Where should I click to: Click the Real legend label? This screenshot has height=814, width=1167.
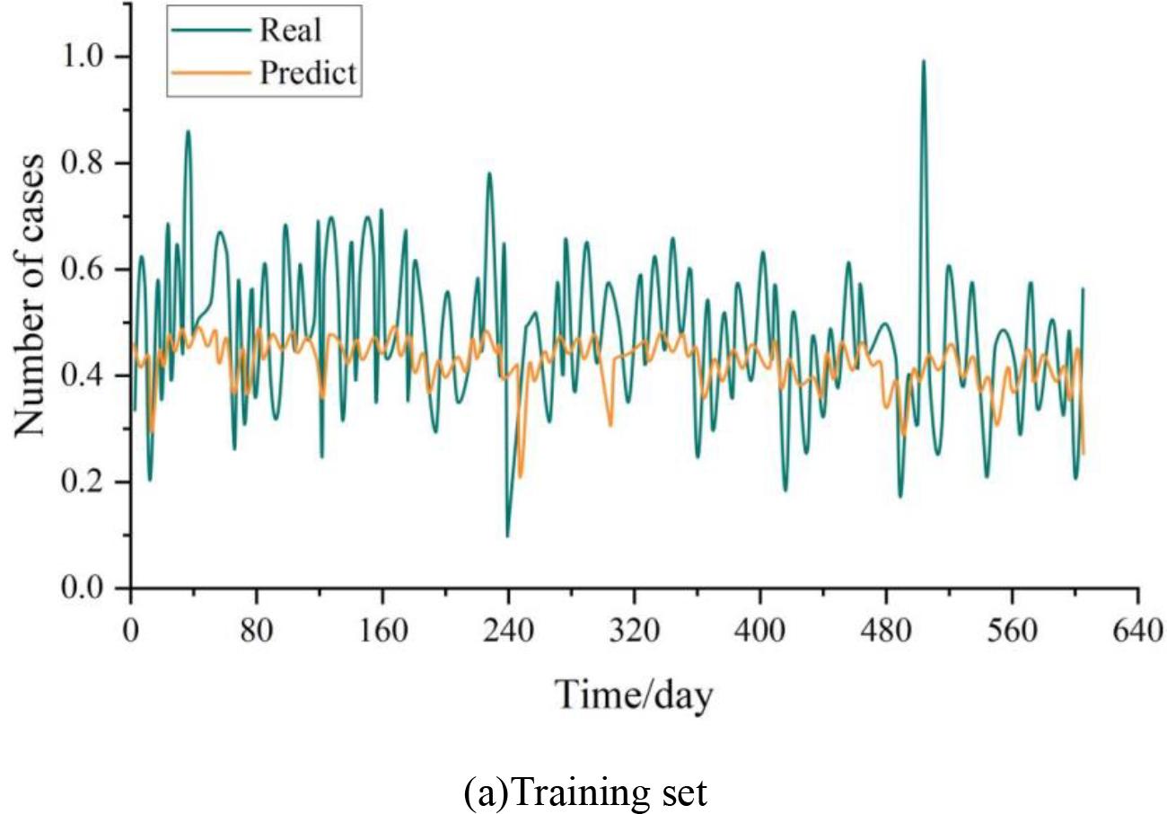(291, 30)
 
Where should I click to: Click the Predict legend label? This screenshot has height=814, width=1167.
(309, 74)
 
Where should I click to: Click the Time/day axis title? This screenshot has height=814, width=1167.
(634, 694)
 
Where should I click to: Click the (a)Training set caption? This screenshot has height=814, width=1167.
(585, 792)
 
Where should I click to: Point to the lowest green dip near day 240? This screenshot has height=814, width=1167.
(508, 535)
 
